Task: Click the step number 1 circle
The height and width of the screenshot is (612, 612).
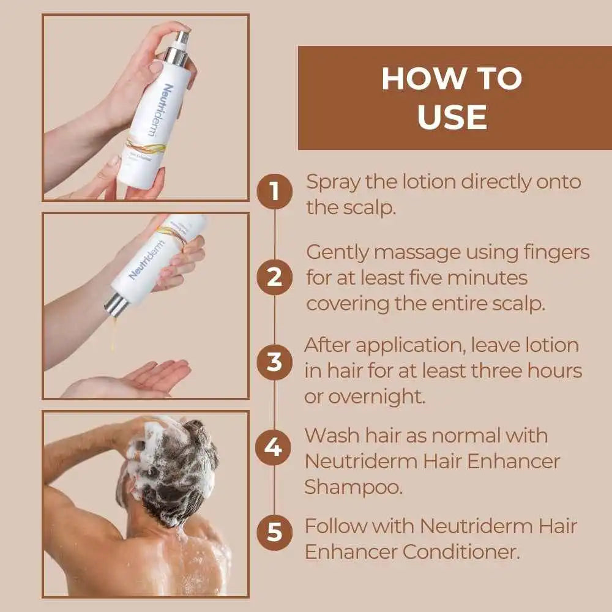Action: pos(274,191)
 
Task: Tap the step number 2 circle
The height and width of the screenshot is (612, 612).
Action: pos(274,277)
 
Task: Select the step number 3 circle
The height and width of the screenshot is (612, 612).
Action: pos(274,362)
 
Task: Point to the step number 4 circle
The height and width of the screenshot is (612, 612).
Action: pos(274,447)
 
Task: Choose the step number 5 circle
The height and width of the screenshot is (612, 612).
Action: pos(274,532)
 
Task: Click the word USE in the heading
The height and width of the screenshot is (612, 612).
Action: pos(452,117)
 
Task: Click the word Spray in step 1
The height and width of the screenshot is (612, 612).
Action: pos(332,183)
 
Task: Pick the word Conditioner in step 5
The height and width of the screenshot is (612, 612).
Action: pos(461,552)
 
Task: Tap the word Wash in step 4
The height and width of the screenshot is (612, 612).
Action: pos(332,435)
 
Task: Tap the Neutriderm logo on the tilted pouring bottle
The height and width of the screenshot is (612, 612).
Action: pos(147,260)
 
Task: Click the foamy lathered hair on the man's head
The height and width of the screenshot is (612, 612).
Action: pos(172,465)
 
